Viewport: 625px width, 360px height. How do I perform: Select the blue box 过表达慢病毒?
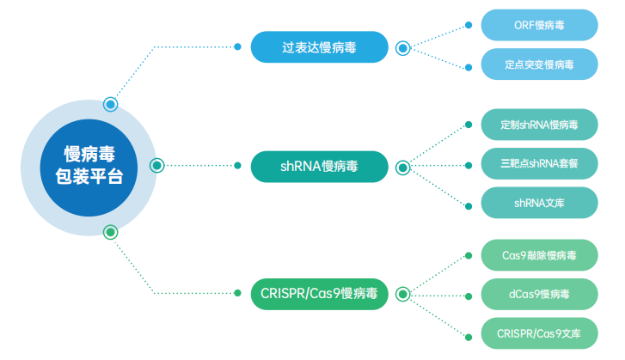point(319,47)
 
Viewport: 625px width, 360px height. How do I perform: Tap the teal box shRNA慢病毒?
point(319,167)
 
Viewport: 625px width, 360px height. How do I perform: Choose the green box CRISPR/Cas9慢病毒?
point(319,294)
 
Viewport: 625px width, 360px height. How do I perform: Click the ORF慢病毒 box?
point(539,25)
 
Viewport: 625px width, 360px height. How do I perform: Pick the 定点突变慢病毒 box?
point(539,64)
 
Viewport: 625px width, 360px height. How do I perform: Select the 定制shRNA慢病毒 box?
point(539,125)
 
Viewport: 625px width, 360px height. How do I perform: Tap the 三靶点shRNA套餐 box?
point(539,164)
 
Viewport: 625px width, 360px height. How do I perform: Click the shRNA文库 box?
point(539,204)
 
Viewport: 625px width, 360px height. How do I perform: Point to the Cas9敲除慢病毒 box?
point(539,255)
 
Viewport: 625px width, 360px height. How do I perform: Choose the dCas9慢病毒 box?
point(539,294)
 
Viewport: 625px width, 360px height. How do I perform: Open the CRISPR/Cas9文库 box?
point(539,333)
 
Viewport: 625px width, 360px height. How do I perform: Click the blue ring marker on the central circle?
point(110,105)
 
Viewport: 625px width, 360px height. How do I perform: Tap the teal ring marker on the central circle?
point(156,166)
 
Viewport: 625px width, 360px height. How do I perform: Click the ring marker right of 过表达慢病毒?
point(402,48)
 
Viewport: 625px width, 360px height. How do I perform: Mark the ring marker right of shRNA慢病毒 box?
point(402,168)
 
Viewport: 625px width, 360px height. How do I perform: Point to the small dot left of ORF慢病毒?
point(468,25)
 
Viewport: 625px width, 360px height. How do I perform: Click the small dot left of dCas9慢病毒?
point(468,295)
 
